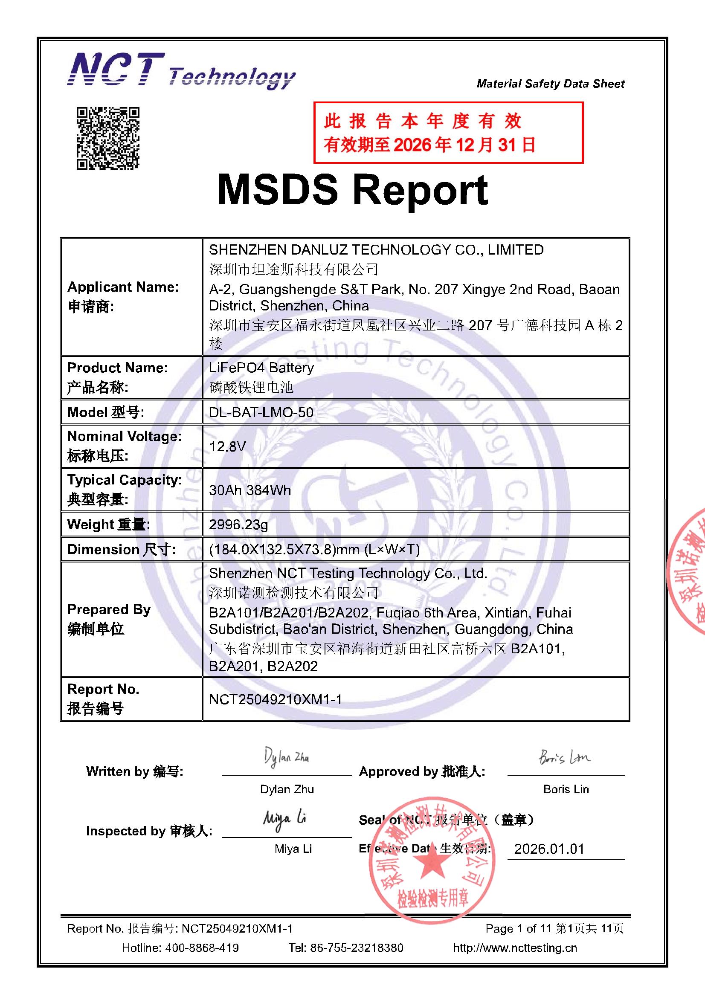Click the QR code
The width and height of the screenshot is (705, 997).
point(108,138)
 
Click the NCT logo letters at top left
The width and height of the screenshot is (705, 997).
point(116,70)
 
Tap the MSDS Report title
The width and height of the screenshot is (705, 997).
point(352,190)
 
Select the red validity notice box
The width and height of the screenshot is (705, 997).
point(448,133)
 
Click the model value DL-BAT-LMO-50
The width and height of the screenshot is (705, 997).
point(261,412)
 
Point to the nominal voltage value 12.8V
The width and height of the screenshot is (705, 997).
point(227,446)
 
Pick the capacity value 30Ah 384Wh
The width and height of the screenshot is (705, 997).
point(250,490)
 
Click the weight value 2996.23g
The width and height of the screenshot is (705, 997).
point(238,525)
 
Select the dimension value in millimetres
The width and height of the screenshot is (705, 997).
point(314,550)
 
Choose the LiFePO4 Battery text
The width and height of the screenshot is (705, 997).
point(261,368)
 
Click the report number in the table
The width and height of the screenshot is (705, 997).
point(276,699)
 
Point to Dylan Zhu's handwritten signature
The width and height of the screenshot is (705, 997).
point(286,758)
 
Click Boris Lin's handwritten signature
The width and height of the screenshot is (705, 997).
point(564,757)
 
